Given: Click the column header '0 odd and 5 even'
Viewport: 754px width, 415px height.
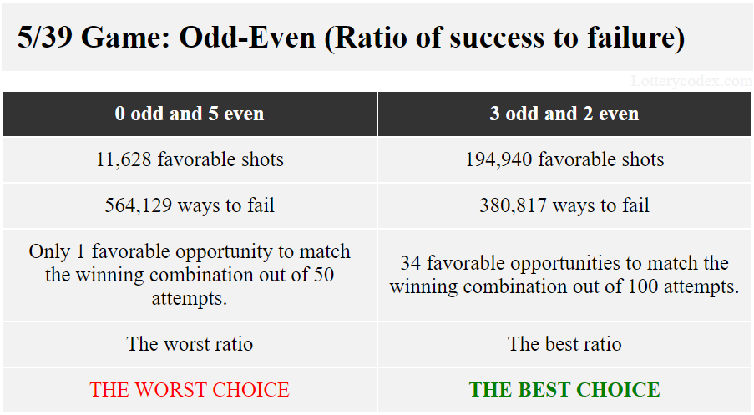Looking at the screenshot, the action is click(190, 114).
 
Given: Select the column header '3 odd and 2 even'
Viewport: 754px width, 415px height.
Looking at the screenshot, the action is click(564, 114).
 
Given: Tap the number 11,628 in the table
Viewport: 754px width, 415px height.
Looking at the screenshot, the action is click(124, 159).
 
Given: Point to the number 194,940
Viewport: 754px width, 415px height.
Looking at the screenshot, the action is click(498, 159).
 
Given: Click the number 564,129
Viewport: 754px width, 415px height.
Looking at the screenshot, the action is click(139, 205).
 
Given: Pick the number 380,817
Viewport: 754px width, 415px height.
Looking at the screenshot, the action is click(513, 205).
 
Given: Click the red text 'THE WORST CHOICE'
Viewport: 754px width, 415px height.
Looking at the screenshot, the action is click(190, 389).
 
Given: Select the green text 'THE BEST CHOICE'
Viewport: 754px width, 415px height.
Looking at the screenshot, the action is click(564, 389).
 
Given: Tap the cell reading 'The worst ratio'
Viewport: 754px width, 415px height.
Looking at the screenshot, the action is click(190, 344).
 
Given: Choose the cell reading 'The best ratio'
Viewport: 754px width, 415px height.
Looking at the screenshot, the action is click(564, 344).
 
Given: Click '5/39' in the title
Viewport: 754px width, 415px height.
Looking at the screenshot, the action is click(45, 37).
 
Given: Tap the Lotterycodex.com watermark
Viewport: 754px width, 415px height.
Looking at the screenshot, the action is click(691, 81).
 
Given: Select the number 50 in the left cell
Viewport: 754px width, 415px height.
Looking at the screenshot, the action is click(323, 275).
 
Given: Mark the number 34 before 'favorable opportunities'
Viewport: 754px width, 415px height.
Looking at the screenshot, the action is click(410, 263).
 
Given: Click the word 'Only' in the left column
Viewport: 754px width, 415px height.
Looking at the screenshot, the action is click(46, 251).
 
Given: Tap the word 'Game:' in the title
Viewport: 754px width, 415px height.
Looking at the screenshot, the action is click(125, 37).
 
